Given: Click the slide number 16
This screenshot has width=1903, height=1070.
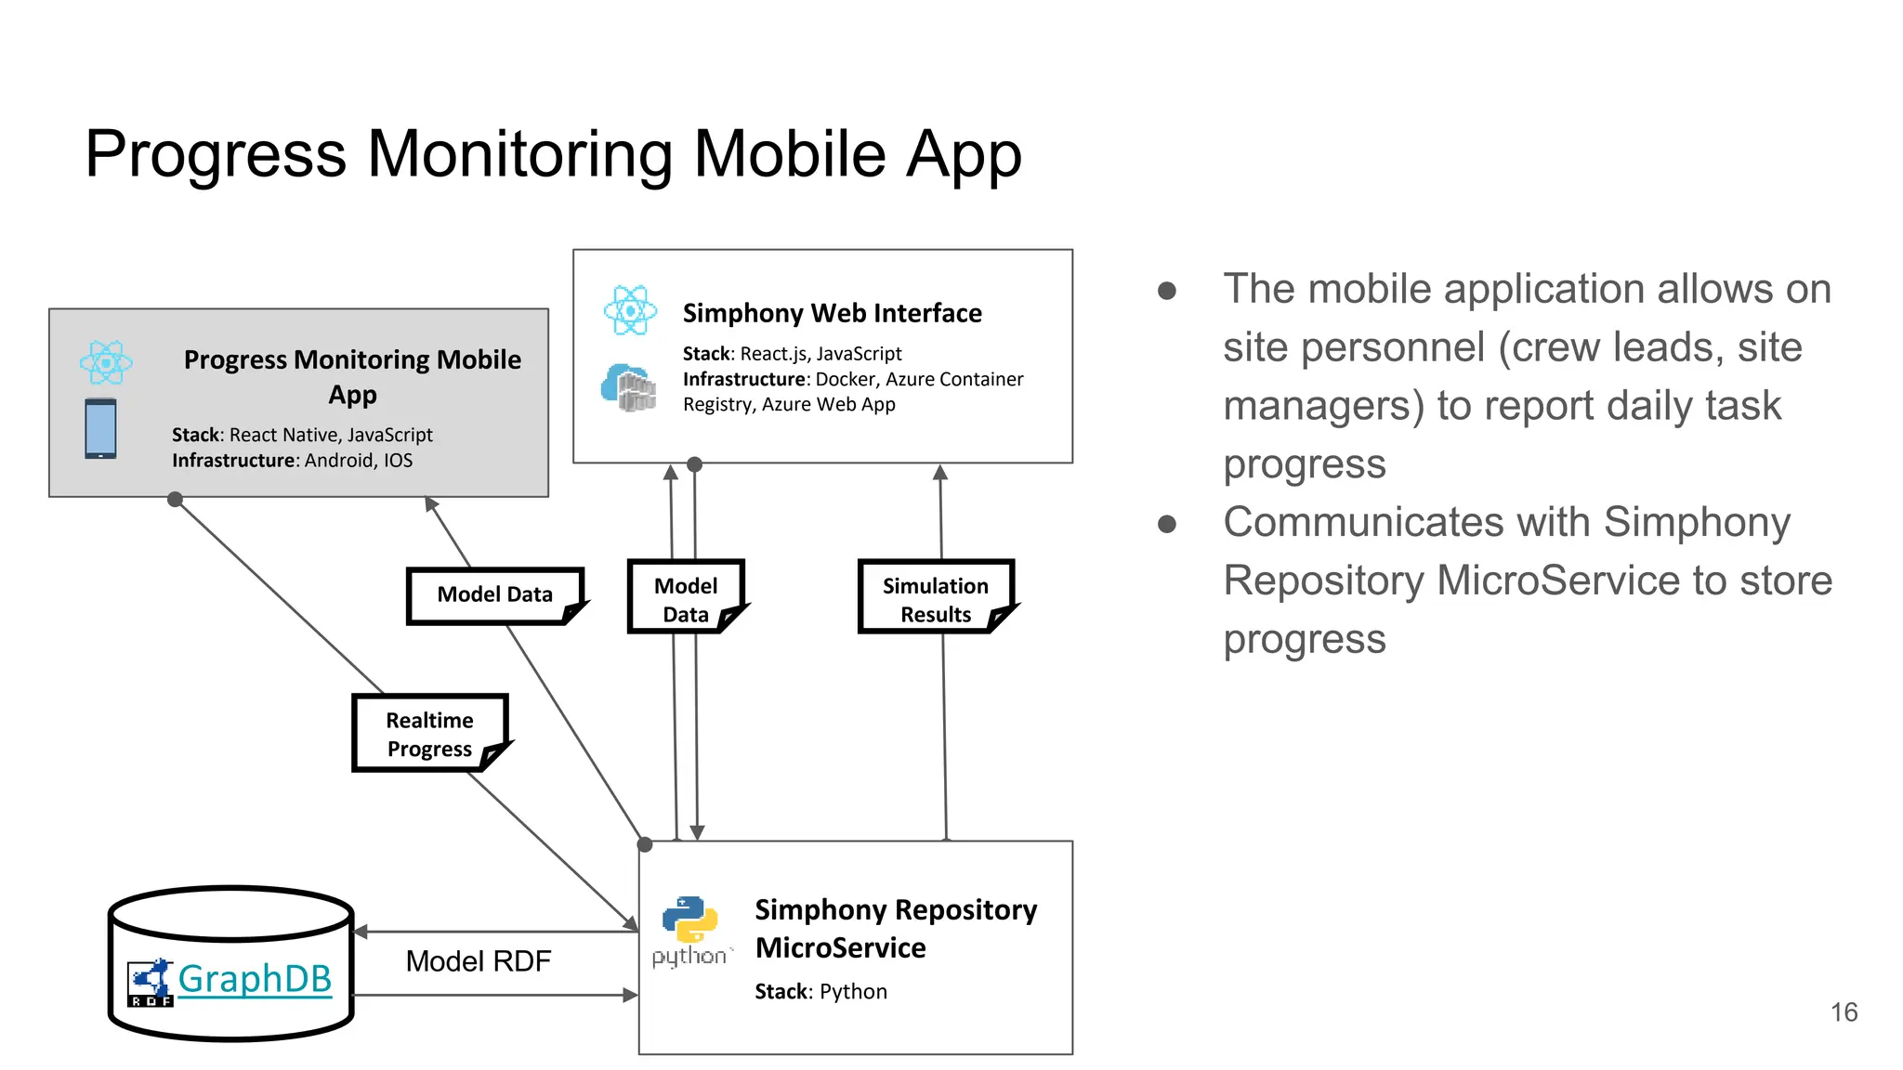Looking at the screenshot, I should (x=1844, y=1011).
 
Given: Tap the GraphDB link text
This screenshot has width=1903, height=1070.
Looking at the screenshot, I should (x=255, y=979).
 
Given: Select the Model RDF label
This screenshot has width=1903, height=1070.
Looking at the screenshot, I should (x=479, y=961).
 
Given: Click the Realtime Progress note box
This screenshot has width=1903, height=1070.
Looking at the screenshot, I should (x=429, y=734).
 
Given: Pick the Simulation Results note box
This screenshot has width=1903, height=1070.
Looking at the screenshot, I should (x=935, y=599).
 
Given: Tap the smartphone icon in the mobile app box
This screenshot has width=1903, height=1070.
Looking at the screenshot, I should (x=100, y=428).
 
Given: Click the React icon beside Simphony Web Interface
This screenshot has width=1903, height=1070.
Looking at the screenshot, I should (x=630, y=310).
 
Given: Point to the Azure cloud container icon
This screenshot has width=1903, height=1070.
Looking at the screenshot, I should (x=628, y=386).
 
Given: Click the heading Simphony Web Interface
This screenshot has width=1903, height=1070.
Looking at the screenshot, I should (x=832, y=313).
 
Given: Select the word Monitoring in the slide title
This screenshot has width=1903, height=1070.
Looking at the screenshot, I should (x=519, y=154).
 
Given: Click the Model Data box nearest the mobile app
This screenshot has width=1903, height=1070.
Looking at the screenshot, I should (x=494, y=594).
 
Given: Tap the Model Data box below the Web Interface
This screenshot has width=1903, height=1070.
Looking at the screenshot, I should (x=686, y=599).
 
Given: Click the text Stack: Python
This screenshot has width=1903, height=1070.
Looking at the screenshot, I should (x=820, y=992).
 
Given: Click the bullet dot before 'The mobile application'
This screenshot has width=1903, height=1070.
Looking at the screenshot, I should (x=1167, y=291).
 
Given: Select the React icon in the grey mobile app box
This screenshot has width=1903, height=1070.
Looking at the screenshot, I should (x=106, y=362).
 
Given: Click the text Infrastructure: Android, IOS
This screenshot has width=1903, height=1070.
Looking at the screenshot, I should (x=292, y=461).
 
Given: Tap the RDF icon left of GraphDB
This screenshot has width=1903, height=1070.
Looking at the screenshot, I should (x=151, y=983).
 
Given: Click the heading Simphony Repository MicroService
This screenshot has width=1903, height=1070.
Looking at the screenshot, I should (x=896, y=928).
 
